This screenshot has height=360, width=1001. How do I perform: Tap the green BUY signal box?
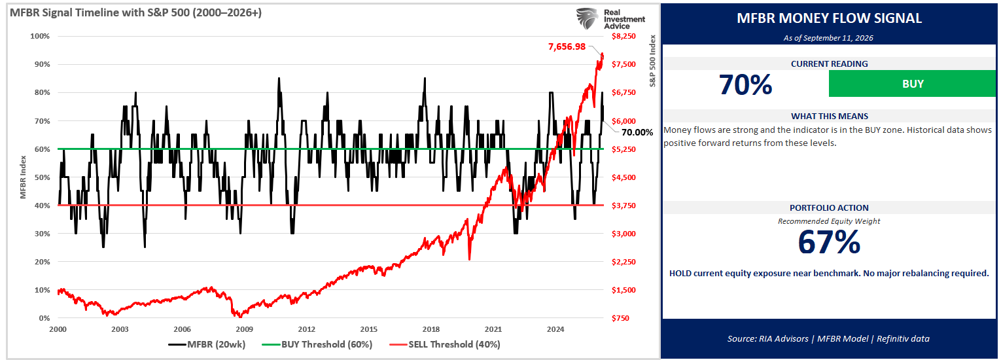coord(912,84)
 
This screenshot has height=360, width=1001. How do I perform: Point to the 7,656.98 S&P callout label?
coord(567,46)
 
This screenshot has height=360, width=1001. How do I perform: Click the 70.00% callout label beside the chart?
coord(637,132)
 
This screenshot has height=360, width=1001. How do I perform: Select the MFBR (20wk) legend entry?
coord(207,344)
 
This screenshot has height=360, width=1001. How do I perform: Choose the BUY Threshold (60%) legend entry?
coord(317,344)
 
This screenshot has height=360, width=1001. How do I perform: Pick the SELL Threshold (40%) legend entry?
coord(445,344)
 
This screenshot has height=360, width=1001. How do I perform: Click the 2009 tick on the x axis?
coord(245,330)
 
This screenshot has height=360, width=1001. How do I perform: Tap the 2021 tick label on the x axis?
coord(493,330)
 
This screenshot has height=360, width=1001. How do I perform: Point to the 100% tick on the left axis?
coord(40,36)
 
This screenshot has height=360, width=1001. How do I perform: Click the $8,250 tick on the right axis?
coord(623,36)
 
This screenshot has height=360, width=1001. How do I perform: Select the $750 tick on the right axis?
coord(620,318)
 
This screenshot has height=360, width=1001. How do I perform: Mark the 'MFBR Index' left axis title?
coord(24,177)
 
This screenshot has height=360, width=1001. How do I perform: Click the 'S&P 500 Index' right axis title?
coord(652,61)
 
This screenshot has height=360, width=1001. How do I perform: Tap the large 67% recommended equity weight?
coord(829,242)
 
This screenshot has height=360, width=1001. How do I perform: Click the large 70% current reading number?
coord(745,84)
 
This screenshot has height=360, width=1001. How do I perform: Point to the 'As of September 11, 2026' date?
coord(828,38)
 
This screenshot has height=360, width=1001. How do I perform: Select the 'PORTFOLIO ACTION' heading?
coord(829,208)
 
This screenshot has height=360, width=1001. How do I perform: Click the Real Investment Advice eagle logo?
coord(588,19)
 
